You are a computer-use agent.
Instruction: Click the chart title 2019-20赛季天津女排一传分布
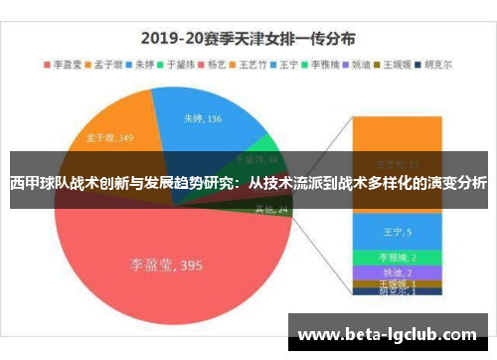pyautogui.click(x=248, y=41)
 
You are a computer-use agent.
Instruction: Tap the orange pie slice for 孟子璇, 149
pyautogui.click(x=109, y=129)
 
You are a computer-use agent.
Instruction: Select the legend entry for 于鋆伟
pyautogui.click(x=178, y=63)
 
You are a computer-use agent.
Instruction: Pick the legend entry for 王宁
pyautogui.click(x=284, y=63)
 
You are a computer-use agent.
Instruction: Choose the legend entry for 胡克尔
pyautogui.click(x=433, y=63)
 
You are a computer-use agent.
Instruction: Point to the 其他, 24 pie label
pyautogui.click(x=270, y=209)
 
